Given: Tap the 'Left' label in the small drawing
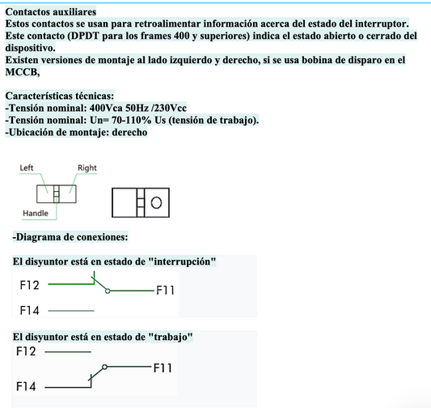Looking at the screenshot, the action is [x=26, y=168].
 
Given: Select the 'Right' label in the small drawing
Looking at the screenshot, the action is [x=87, y=168].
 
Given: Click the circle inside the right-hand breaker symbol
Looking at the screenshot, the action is [x=156, y=202].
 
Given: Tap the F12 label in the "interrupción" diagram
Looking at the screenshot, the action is [x=29, y=286].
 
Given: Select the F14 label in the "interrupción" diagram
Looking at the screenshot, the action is [x=29, y=310].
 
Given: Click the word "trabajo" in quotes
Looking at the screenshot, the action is [x=169, y=336].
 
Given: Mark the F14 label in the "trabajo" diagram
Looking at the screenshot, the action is [x=27, y=387].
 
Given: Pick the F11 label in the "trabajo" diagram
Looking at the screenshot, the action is [x=164, y=368].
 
